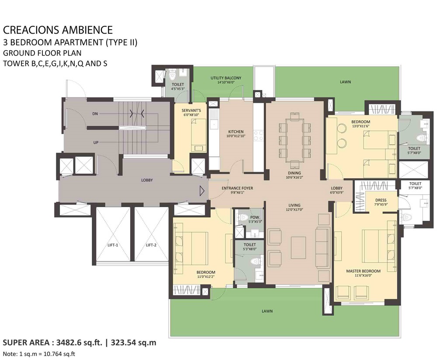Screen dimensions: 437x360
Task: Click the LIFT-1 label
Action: point(113,245)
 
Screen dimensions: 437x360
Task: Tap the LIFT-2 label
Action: point(151,245)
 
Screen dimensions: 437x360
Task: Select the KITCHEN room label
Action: point(236,132)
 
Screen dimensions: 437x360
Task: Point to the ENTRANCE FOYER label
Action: point(237,188)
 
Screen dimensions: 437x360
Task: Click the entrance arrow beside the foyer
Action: point(202,191)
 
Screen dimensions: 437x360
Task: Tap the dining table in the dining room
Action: point(294,140)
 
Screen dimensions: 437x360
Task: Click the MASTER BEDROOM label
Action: point(363,271)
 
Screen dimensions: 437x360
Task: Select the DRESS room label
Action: point(381,200)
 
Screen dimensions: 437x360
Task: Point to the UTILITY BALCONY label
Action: point(226,78)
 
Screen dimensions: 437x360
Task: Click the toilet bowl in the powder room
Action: point(244,217)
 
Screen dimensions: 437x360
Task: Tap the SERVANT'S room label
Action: point(191,111)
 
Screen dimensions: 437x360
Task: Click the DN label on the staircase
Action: point(95,114)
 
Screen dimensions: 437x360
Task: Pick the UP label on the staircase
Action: point(96,142)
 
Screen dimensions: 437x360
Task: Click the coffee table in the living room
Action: point(298,248)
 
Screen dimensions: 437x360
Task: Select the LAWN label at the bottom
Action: point(267,311)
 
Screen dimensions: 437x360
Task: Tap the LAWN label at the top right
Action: point(345,82)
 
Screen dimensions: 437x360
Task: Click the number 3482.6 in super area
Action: point(68,343)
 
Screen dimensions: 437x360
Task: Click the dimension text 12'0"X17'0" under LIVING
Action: point(294,210)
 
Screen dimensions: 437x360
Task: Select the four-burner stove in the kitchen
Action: point(258,136)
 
